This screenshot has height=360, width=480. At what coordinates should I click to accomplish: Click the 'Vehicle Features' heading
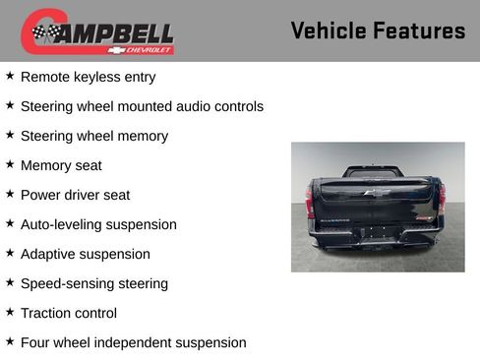pyautogui.click(x=378, y=30)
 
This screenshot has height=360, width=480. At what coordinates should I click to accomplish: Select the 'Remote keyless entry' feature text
pyautogui.click(x=88, y=77)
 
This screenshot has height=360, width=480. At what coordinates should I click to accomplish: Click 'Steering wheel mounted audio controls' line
pyautogui.click(x=142, y=106)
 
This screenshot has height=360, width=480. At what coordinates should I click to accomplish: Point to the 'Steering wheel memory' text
pyautogui.click(x=93, y=136)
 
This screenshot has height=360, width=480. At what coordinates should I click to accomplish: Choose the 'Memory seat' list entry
pyautogui.click(x=61, y=165)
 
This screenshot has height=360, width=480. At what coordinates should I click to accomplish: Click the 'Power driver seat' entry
pyautogui.click(x=75, y=195)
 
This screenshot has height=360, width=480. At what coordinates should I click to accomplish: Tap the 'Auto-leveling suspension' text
pyautogui.click(x=98, y=224)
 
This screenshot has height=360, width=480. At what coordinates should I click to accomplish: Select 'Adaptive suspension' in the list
pyautogui.click(x=86, y=254)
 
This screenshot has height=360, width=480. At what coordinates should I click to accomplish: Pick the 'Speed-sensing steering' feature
pyautogui.click(x=94, y=283)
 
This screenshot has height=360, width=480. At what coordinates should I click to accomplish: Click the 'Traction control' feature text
pyautogui.click(x=69, y=313)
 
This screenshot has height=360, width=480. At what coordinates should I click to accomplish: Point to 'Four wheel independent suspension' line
pyautogui.click(x=133, y=342)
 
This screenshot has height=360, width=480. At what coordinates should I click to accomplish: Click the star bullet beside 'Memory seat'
pyautogui.click(x=10, y=164)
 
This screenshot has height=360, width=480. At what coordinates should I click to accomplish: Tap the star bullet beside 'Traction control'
pyautogui.click(x=10, y=312)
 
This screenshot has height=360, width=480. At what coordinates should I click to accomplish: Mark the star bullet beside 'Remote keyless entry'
pyautogui.click(x=10, y=76)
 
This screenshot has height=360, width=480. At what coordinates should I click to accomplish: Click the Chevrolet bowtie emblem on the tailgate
pyautogui.click(x=377, y=193)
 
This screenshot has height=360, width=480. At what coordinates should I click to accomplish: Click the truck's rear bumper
pyautogui.click(x=377, y=239)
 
